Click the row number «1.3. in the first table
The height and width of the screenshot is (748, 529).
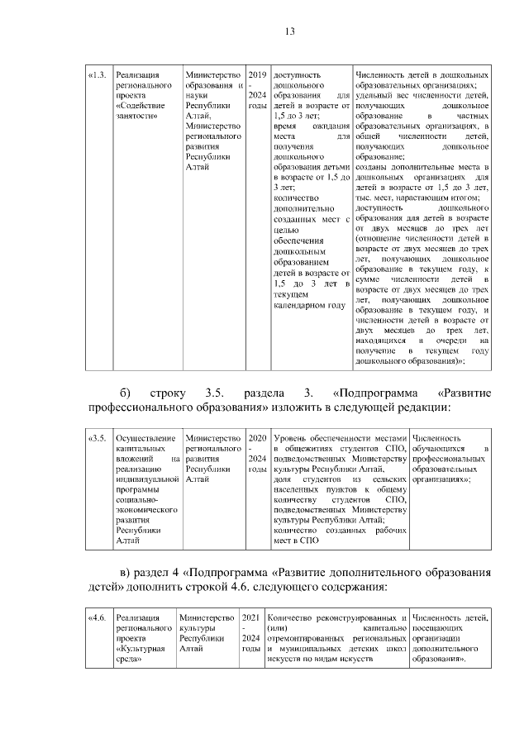[x=97, y=74]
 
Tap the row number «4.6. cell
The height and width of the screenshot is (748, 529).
[x=97, y=618]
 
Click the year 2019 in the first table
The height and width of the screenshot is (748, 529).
[x=257, y=74]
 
